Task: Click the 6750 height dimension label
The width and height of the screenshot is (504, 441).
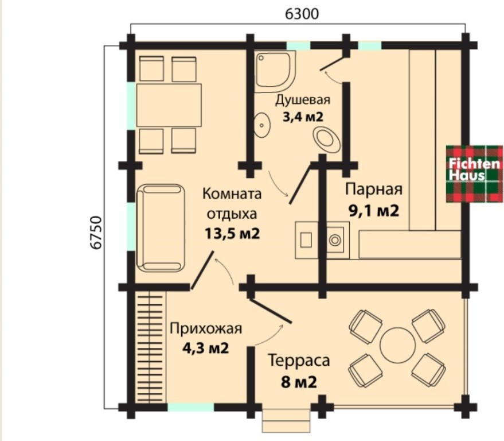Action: point(96,232)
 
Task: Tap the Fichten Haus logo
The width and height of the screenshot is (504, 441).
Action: point(467,171)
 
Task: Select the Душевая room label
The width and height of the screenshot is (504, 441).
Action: point(302,99)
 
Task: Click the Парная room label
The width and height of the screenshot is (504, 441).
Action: point(374,189)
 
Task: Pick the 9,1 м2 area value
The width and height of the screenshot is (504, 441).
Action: point(373,210)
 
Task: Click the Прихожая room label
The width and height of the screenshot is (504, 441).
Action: point(206,329)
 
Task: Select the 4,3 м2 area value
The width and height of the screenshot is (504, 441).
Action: point(205,347)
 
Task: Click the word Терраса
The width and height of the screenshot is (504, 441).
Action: point(299,361)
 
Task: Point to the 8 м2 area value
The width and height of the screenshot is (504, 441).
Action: point(299,381)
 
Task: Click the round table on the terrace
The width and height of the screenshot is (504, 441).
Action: point(397,345)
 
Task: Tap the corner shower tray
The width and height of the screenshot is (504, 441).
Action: point(274,72)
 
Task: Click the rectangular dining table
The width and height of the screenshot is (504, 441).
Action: point(169,105)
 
